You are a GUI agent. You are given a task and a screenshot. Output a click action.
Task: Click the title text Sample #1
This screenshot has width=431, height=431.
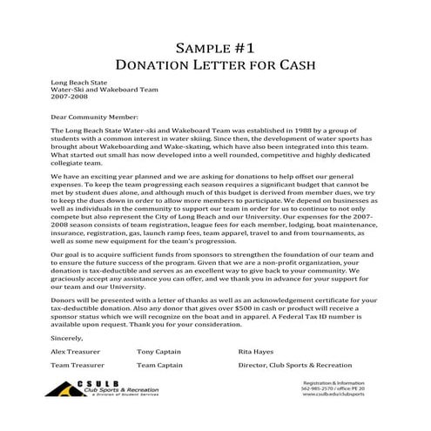(x=214, y=47)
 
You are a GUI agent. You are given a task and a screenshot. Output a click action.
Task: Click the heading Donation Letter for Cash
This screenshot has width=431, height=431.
(x=214, y=64)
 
